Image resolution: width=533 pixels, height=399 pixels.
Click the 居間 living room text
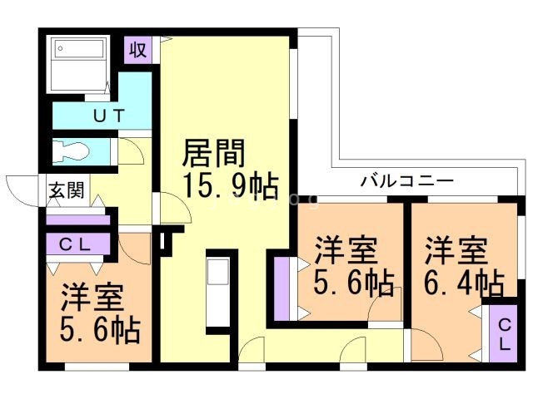pos(214,153)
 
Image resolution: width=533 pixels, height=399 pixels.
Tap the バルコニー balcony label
pos(406,180)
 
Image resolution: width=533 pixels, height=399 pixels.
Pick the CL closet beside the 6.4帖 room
pos(505,333)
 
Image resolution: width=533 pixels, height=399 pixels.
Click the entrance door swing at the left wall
pos(23,186)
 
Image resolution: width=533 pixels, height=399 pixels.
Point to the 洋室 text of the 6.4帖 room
pos(456,249)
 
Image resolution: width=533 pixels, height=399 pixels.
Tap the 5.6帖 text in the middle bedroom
pos(354,283)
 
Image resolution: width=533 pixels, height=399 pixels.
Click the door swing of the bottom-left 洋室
pos(134,246)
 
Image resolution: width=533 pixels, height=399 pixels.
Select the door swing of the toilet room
pos(131,152)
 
